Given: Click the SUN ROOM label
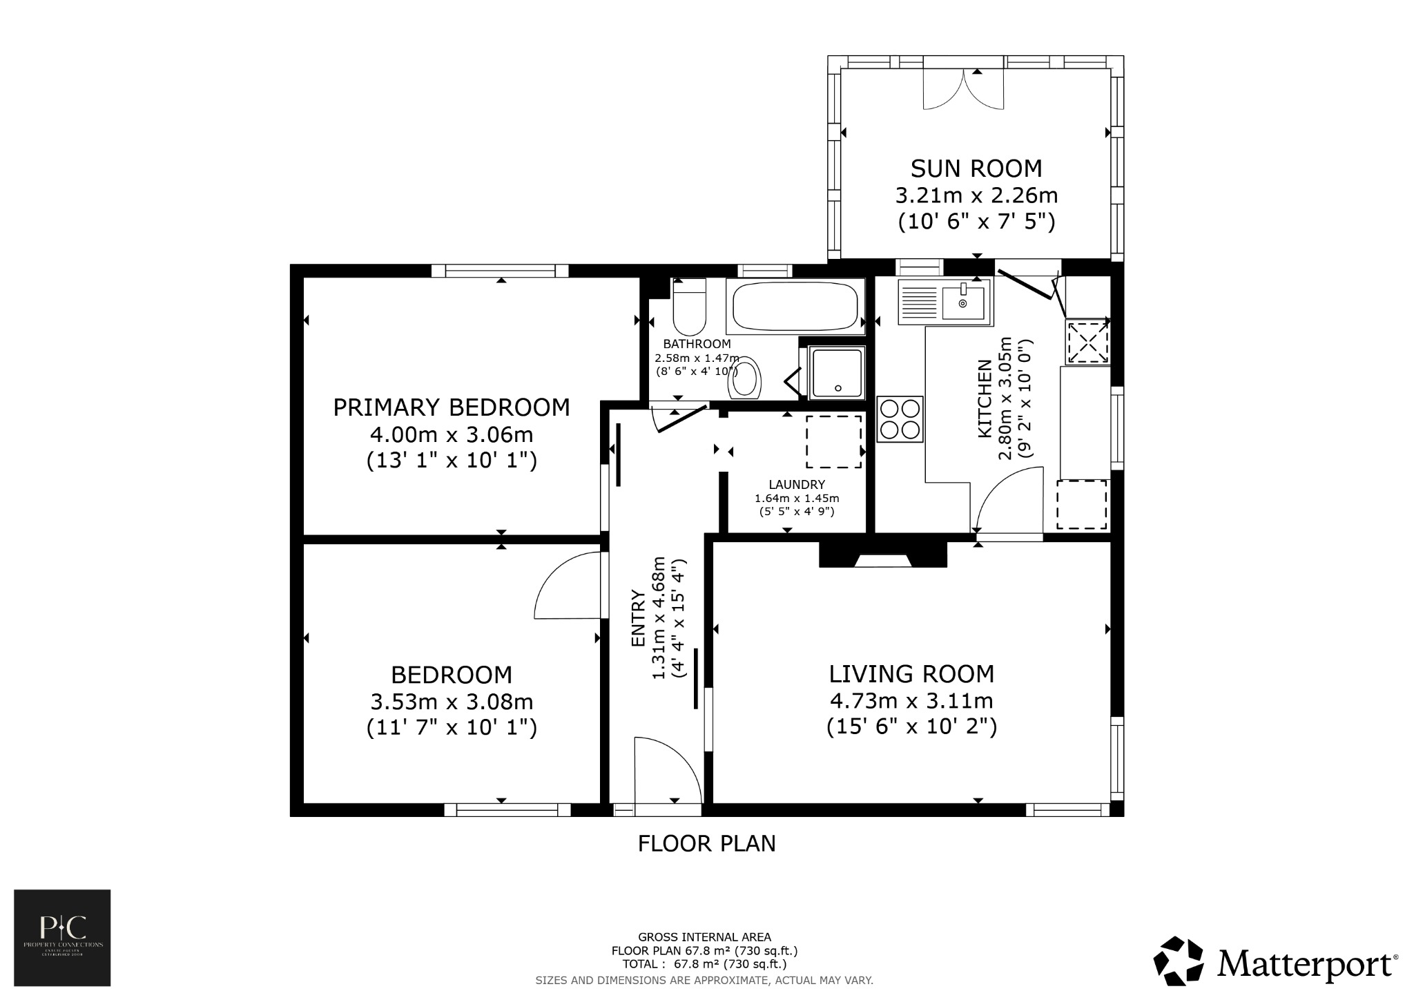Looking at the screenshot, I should (976, 169).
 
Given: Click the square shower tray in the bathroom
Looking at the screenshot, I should (837, 373).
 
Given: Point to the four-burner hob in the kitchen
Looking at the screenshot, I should (900, 419).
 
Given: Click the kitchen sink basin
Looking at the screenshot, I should (962, 304).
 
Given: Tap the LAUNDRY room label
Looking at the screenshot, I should (797, 485).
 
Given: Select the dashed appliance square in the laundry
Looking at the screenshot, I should (834, 442).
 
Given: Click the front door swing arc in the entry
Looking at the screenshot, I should (666, 767).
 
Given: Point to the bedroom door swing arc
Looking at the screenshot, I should (566, 584).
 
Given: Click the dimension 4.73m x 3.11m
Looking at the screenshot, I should (911, 701).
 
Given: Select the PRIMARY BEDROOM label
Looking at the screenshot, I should (452, 407).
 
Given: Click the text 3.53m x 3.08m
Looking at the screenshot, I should (452, 702).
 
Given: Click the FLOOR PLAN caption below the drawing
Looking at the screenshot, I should (706, 843).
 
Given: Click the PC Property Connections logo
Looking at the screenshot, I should (62, 937).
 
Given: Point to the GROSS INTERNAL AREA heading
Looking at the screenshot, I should (704, 937).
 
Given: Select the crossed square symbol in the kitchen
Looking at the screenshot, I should (1088, 341).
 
